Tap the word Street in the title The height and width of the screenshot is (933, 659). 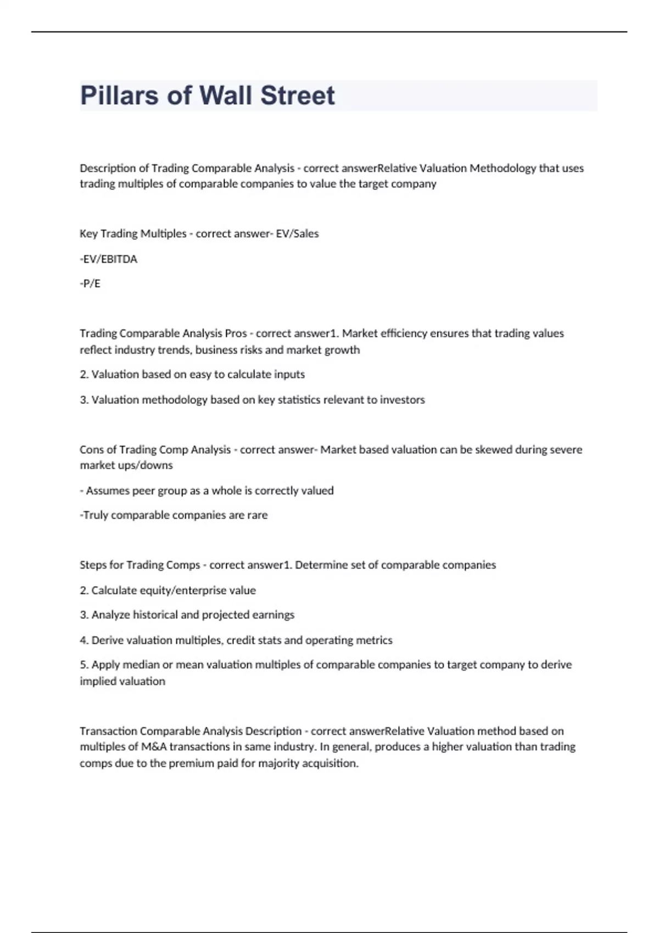(x=297, y=95)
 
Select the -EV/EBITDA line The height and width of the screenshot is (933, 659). (x=109, y=259)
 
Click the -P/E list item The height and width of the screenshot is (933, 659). (x=90, y=284)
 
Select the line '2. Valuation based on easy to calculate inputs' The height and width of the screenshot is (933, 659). (x=192, y=375)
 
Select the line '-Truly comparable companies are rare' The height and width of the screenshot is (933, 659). (x=174, y=515)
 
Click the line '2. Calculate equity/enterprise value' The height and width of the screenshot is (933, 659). (x=167, y=591)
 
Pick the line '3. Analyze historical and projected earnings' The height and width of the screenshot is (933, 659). (x=187, y=615)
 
